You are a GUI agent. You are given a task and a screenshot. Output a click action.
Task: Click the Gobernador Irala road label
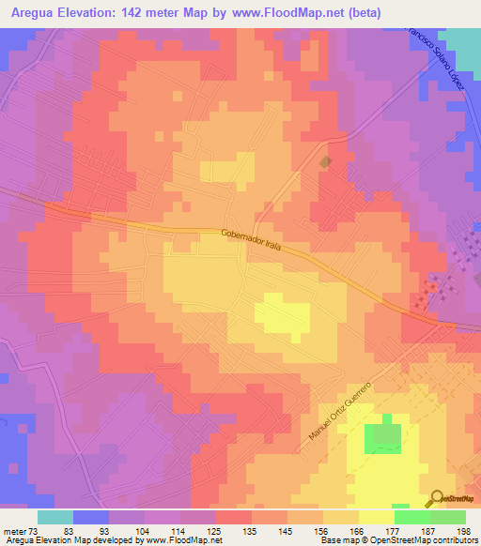254,239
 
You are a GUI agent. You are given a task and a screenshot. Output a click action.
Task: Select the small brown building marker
326,163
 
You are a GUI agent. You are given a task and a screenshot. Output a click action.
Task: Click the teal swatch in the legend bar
55,517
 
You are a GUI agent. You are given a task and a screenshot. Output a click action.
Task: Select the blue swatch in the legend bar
91,517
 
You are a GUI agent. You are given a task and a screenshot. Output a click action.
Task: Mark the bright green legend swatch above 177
411,517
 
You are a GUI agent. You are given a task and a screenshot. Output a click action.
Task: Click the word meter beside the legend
14,531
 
